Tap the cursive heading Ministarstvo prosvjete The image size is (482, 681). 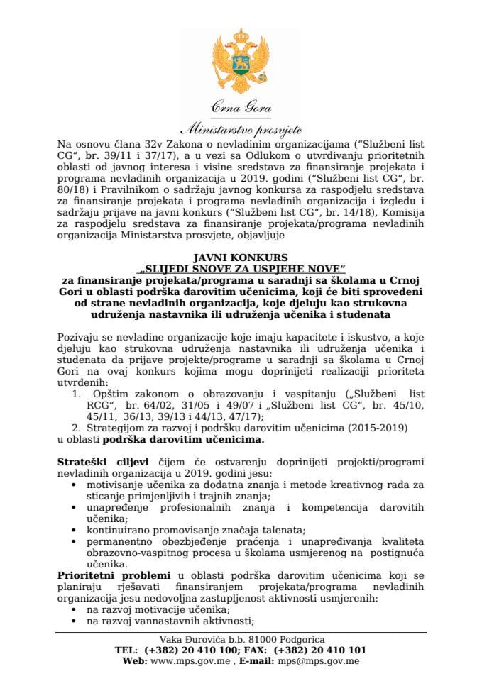pyautogui.click(x=241, y=129)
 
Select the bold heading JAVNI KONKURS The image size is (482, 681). pyautogui.click(x=240, y=257)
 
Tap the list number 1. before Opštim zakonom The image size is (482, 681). pyautogui.click(x=77, y=392)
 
